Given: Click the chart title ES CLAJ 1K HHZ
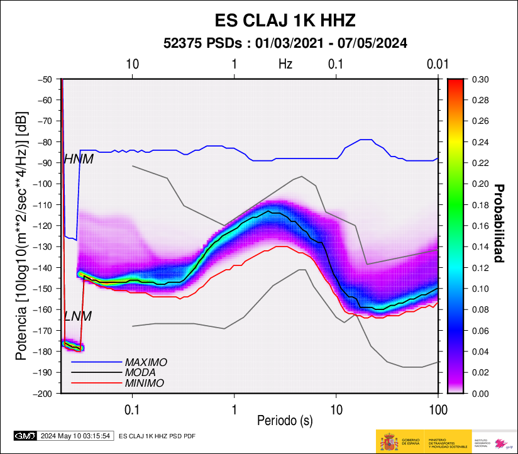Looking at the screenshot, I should coord(285,21).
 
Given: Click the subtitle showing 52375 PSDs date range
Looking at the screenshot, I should coord(285,43).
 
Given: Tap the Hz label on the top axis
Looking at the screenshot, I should coord(285,64).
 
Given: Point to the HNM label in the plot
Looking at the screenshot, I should coord(79,160).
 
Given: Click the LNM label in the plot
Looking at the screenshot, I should coord(78,316).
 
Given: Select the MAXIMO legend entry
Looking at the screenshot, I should coord(146,363).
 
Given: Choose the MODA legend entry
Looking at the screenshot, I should coord(141,373).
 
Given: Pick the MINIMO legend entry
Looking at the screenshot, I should coord(144,383).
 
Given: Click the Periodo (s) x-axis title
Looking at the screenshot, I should coord(285,419).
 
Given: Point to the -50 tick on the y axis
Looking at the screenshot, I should coord(45,79).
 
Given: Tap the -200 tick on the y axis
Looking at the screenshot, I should coord(43,394).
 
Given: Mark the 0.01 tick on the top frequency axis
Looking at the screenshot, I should coord(437,64).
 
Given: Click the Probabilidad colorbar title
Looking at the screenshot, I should coord(500,223).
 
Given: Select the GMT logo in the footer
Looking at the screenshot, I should coord(25,435).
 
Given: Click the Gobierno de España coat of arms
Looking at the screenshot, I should coord(389,441).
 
